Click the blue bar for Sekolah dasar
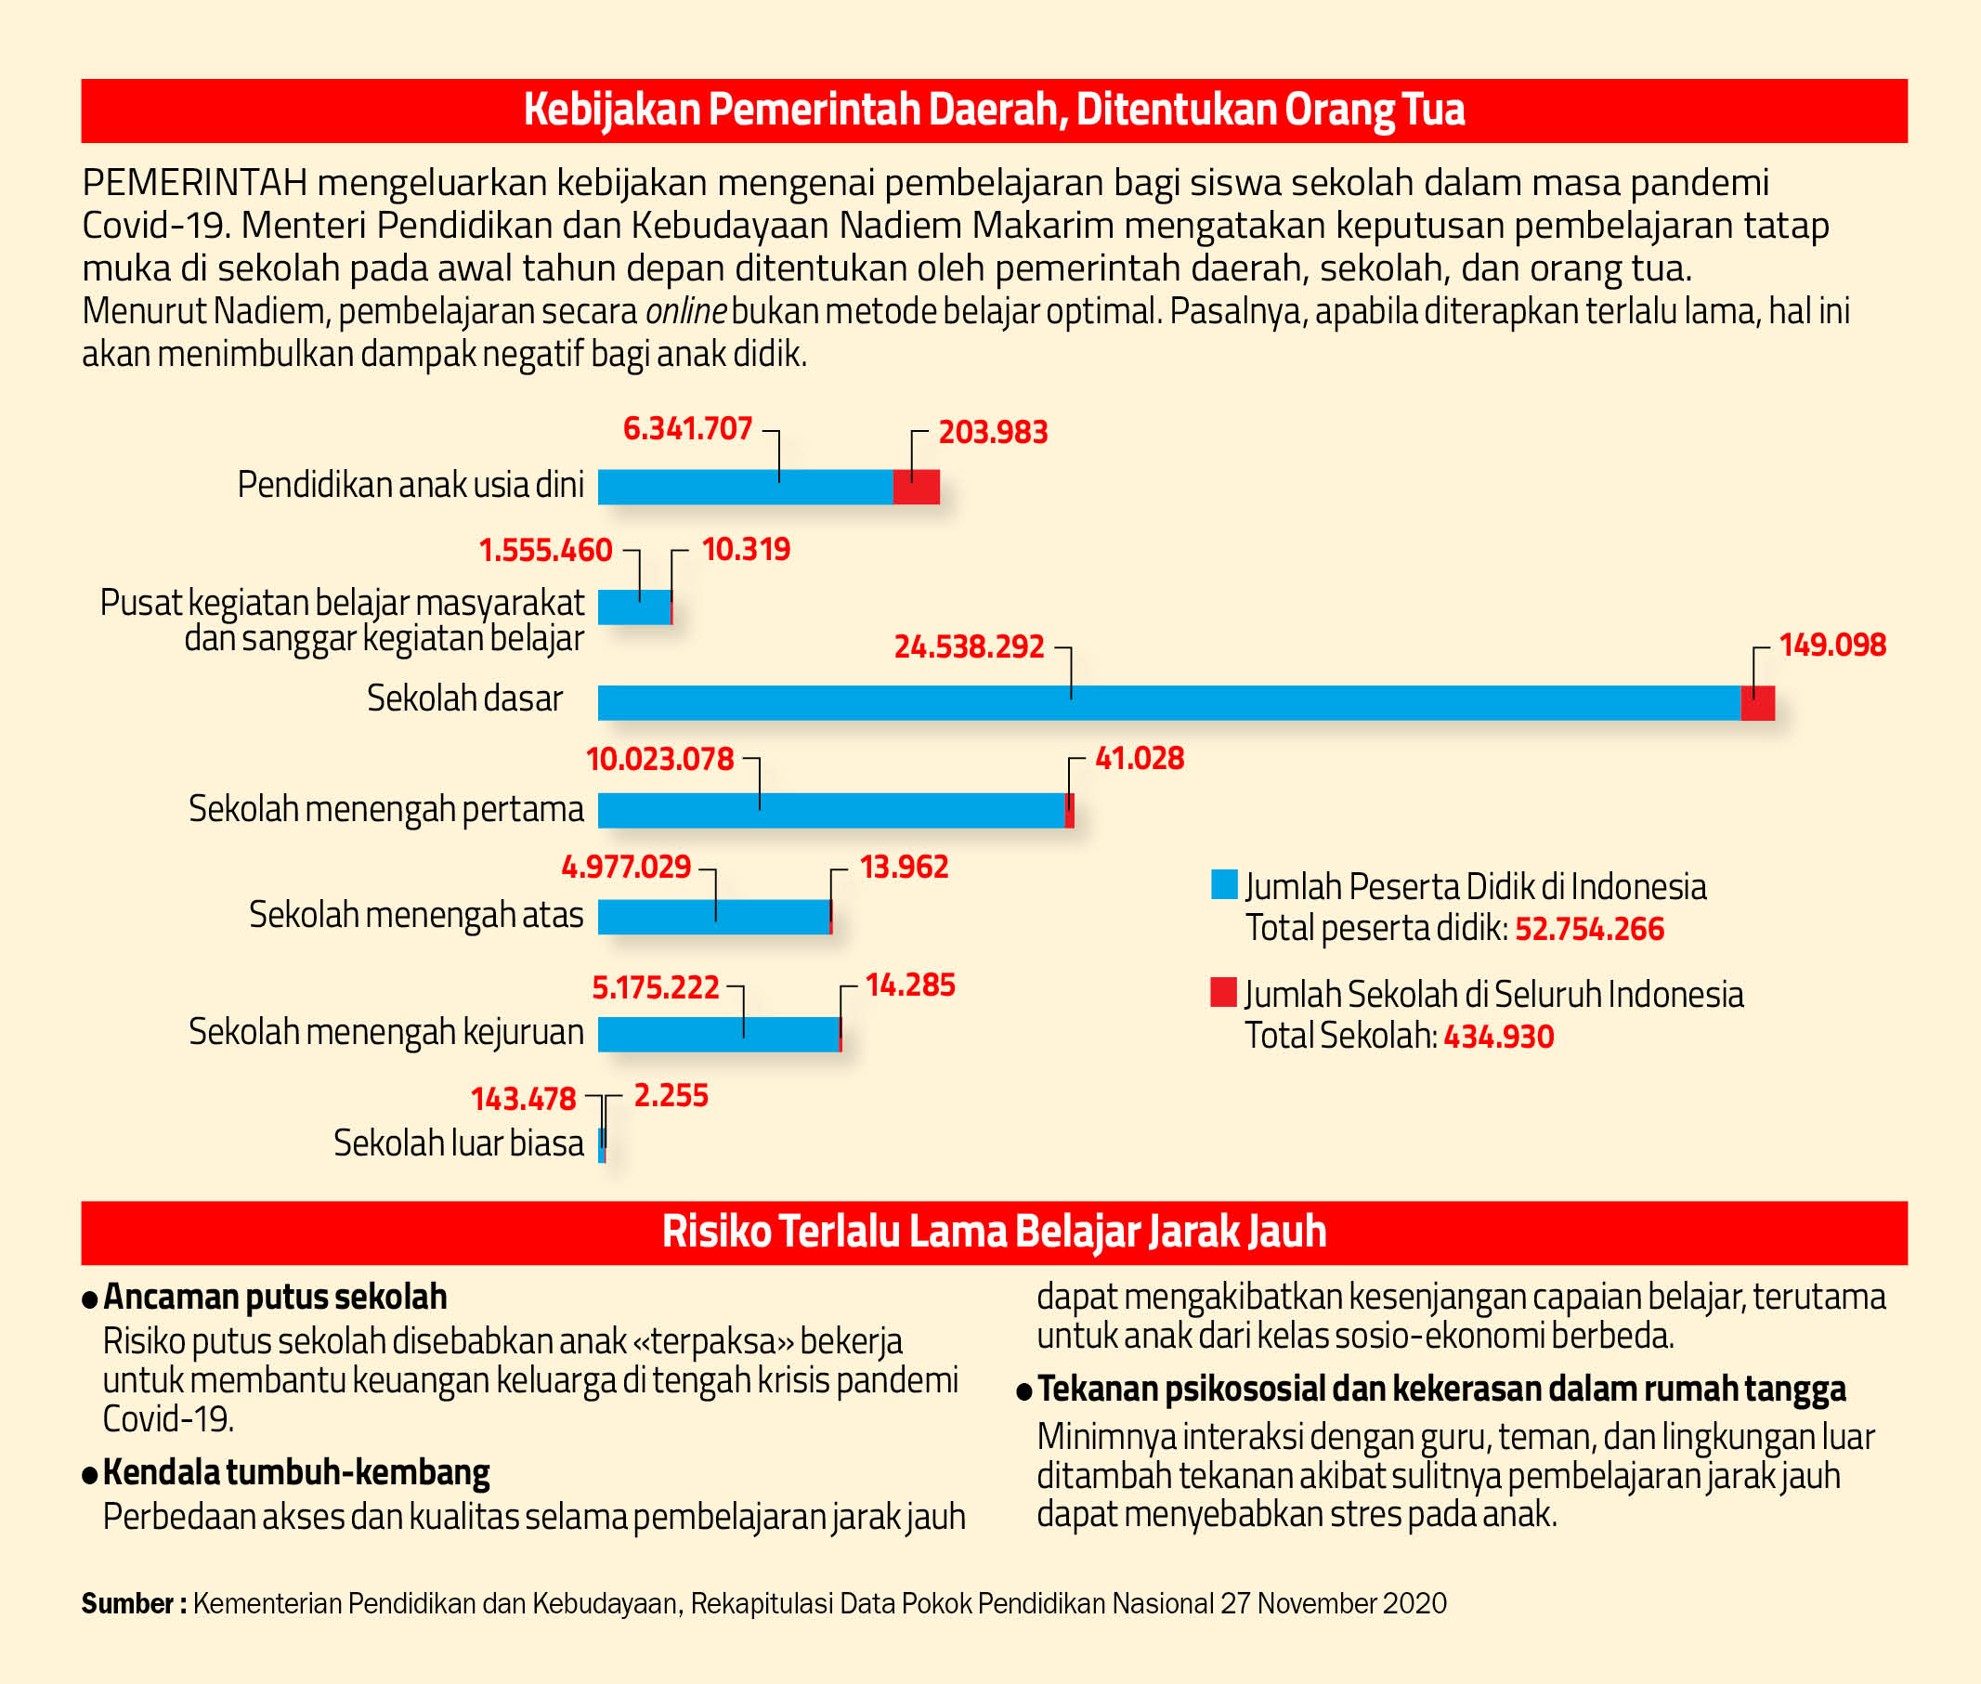1169,702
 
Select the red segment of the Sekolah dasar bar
1758,702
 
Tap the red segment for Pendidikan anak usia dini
917,487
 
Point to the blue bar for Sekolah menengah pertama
831,811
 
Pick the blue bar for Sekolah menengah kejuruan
719,1034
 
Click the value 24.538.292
969,647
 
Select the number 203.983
993,433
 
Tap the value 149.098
1832,646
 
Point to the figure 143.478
523,1100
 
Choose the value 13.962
904,867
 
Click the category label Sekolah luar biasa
458,1142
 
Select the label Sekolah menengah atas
416,915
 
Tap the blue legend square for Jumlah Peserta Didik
1224,884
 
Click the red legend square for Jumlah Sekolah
1224,992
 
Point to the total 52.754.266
1590,929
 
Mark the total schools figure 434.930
1499,1037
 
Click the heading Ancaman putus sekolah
275,1298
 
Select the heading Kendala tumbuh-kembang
296,1473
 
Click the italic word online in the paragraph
686,311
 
